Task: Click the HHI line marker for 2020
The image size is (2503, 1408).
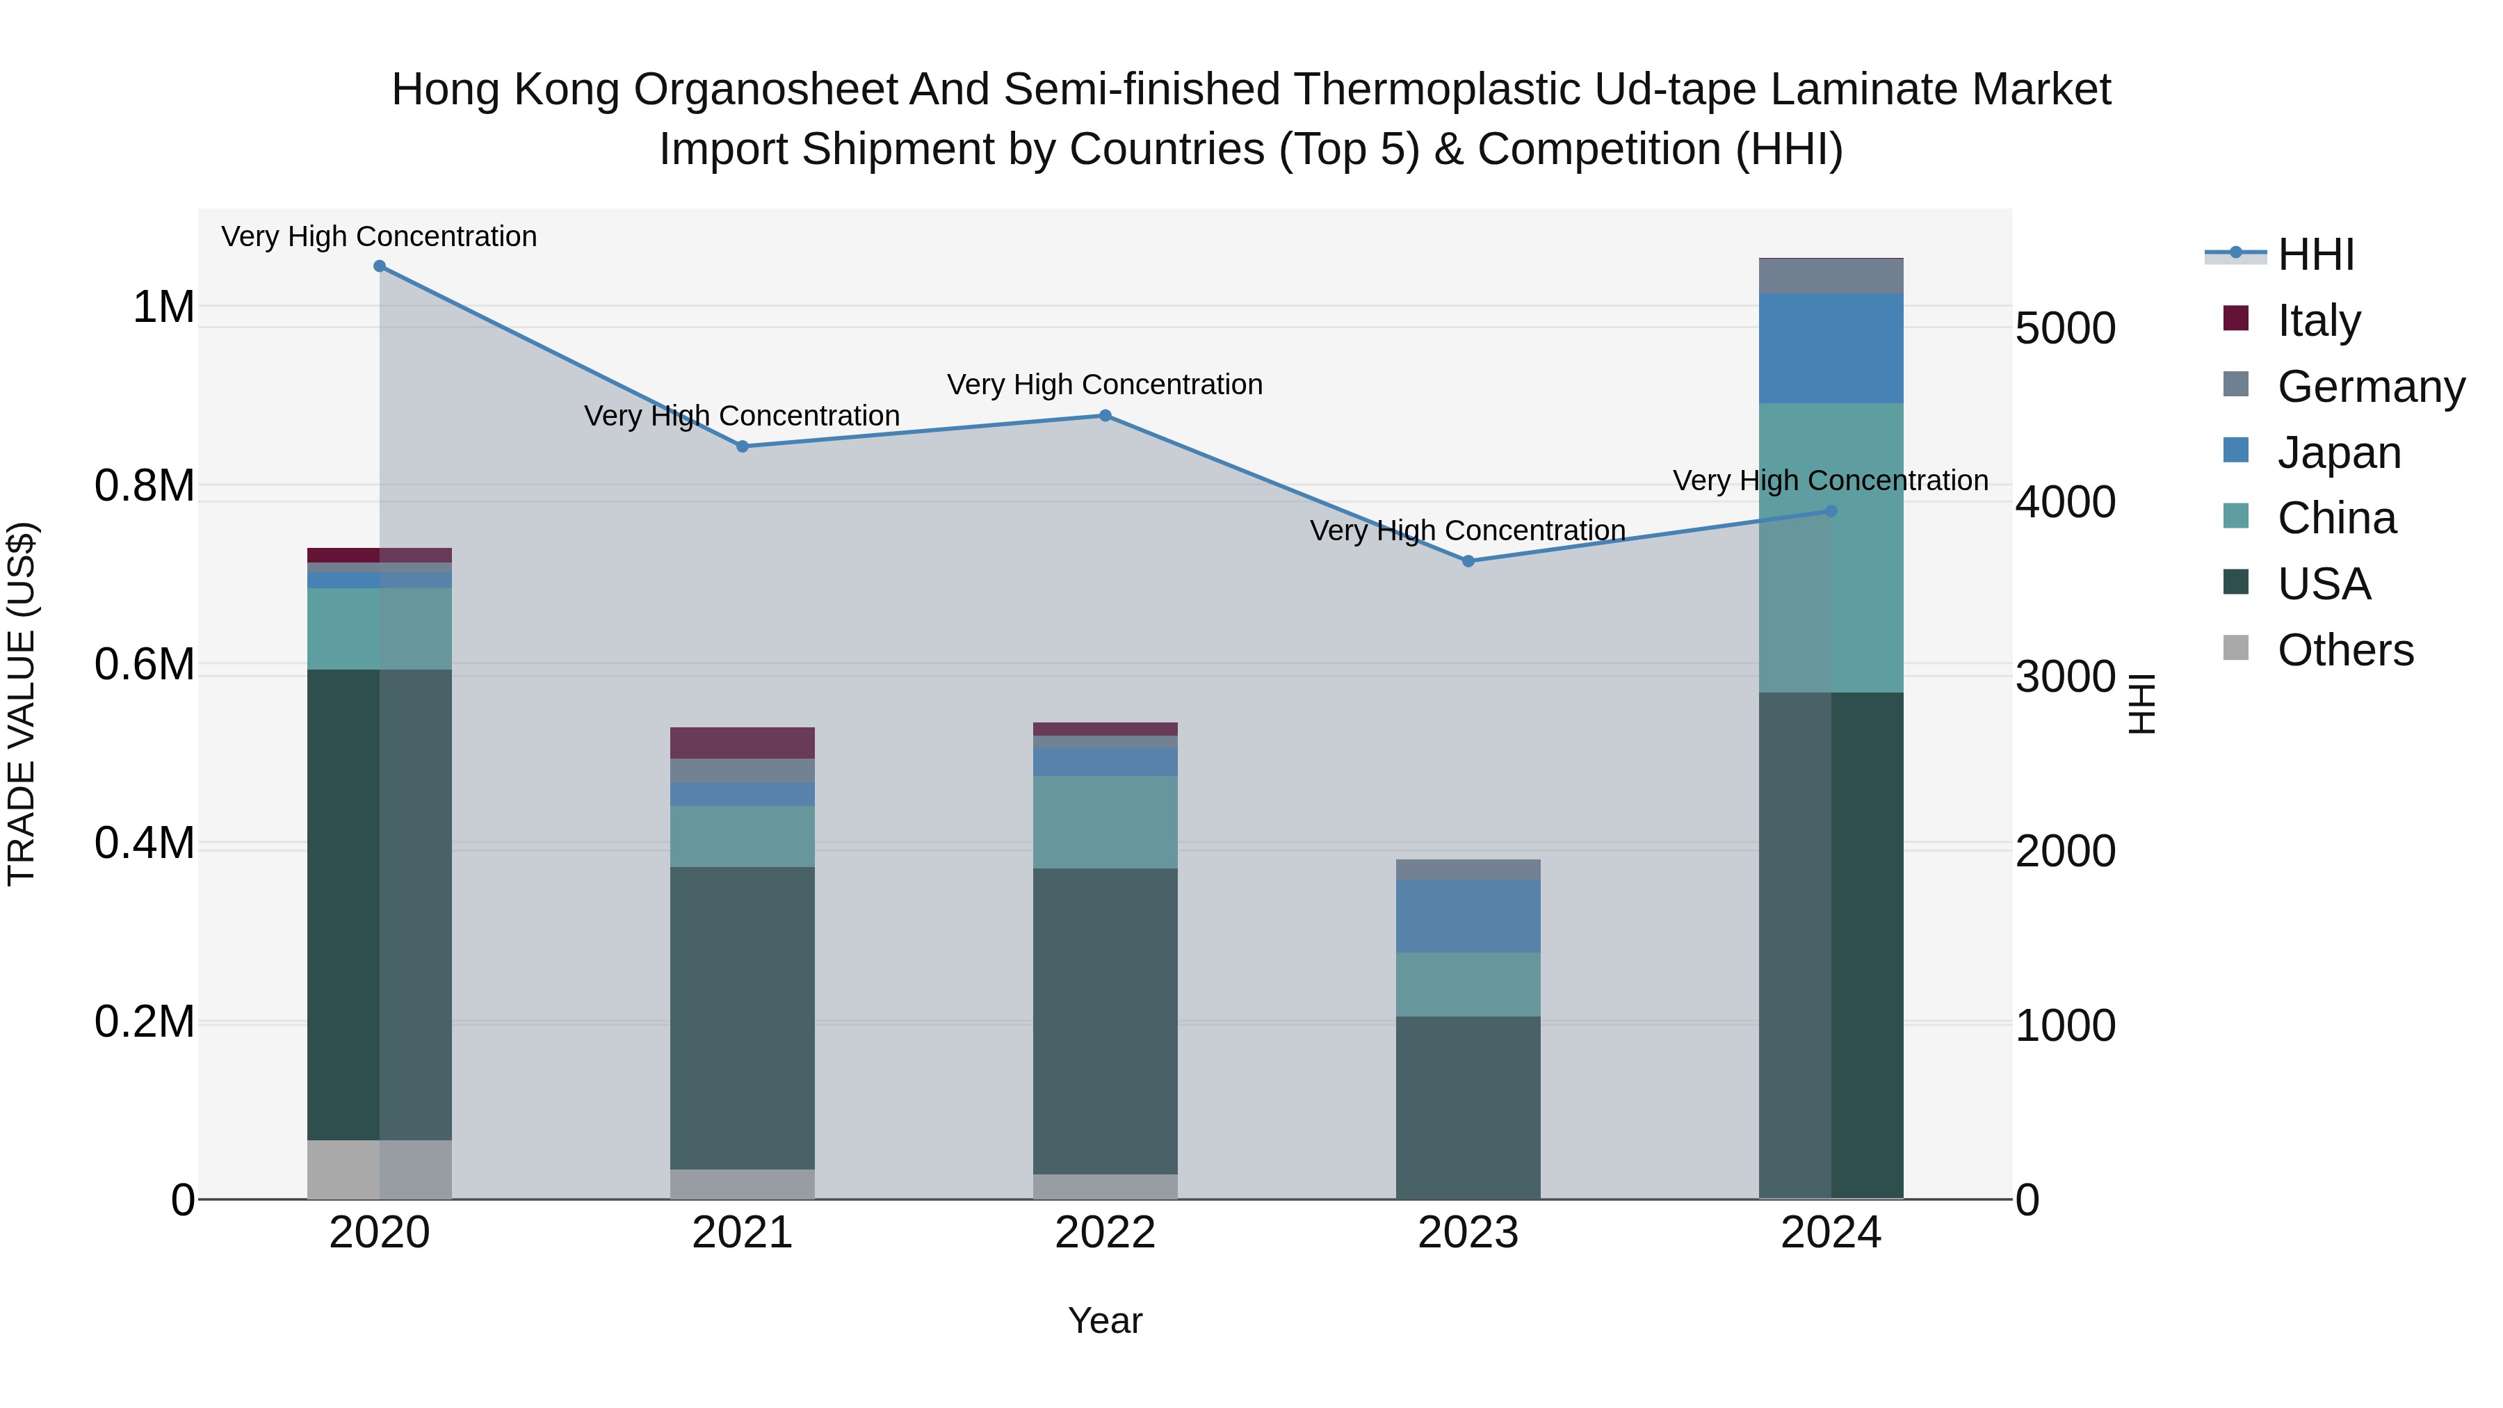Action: pos(380,266)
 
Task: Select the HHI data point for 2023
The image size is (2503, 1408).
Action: pos(1468,562)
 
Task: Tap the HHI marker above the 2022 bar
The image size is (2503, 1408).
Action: pos(1105,416)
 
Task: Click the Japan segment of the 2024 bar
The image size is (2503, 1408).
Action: pos(1831,348)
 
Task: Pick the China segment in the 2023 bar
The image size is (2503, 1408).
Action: pos(1468,985)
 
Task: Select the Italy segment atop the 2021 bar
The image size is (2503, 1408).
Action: pos(743,743)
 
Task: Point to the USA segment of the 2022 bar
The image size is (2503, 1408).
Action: pos(1105,1020)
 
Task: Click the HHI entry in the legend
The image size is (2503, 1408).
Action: pos(2315,254)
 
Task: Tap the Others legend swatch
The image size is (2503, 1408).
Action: pos(2236,648)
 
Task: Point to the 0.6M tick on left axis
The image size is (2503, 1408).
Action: pos(145,665)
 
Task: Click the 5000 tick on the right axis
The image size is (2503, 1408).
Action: pos(2065,328)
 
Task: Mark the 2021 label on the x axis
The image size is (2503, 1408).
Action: pos(743,1233)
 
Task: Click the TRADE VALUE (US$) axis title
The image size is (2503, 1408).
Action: pos(22,704)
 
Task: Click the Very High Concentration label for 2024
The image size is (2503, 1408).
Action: pos(1831,481)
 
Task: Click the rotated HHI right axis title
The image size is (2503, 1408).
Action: pos(2141,704)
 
